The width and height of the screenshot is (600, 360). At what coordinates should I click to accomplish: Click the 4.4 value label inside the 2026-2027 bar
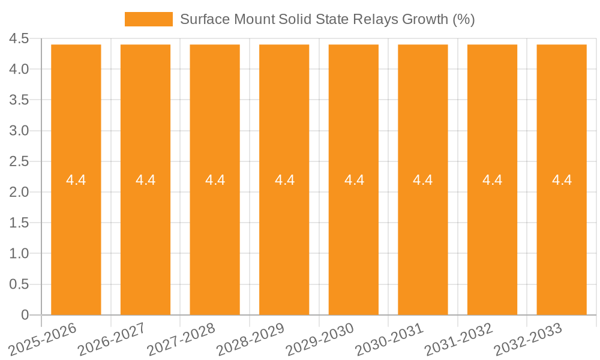click(x=146, y=180)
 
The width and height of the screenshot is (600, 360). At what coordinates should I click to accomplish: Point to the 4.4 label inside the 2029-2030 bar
click(x=354, y=180)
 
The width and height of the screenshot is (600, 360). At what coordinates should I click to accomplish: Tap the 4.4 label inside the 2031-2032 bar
click(x=493, y=180)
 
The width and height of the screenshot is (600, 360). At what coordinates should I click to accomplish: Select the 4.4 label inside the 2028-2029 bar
click(x=284, y=180)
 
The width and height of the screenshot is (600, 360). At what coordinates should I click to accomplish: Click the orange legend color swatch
click(x=148, y=19)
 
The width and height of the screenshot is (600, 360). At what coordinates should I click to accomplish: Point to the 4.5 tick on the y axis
click(x=19, y=39)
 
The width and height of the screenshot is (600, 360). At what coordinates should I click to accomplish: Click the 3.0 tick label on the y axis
click(x=19, y=131)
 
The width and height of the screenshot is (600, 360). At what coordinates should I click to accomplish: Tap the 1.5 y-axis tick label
click(x=19, y=223)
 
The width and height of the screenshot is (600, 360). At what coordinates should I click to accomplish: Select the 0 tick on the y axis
click(x=25, y=315)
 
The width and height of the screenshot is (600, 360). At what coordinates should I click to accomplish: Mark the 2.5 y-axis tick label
click(x=19, y=161)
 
